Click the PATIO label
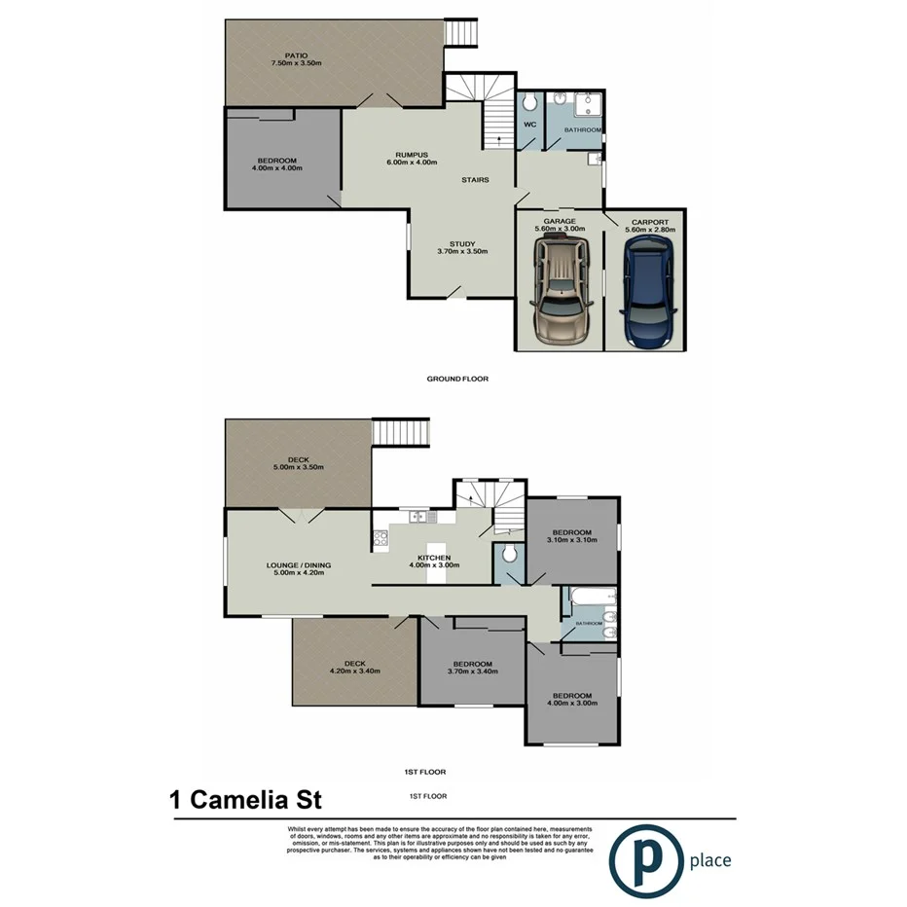(x=296, y=55)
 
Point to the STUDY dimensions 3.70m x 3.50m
(x=461, y=251)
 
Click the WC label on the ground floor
(x=530, y=126)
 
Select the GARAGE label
(x=560, y=222)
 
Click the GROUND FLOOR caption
(x=457, y=379)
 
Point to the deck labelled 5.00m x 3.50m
(x=298, y=465)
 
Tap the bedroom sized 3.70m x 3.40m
(x=472, y=667)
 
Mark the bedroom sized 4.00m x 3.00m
(x=571, y=698)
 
